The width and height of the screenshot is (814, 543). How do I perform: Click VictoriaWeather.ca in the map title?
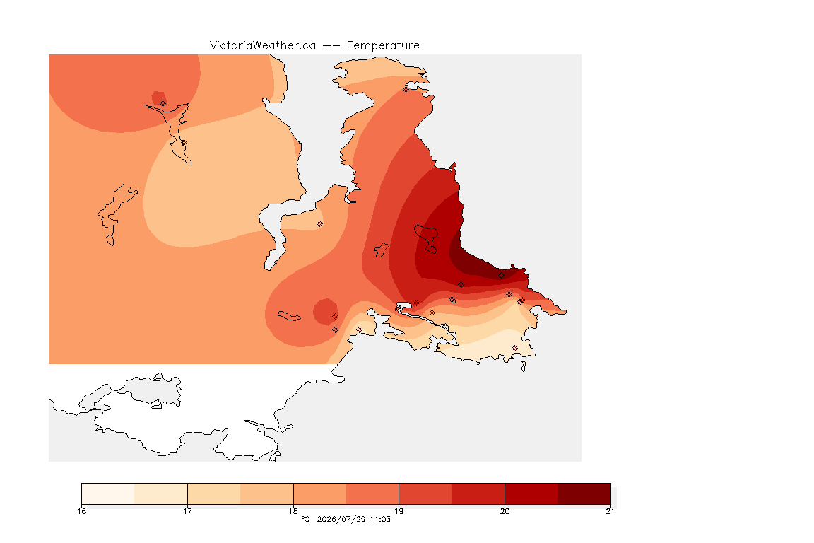263,46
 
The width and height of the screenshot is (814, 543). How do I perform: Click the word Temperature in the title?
383,46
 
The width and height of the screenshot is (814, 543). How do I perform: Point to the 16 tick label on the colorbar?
82,511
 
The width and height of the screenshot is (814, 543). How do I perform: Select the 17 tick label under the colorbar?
187,511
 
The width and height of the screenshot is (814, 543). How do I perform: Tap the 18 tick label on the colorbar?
293,511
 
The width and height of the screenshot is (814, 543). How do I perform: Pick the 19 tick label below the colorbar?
399,511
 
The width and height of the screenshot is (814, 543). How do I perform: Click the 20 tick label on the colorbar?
505,511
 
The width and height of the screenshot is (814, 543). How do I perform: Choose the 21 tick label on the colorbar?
610,511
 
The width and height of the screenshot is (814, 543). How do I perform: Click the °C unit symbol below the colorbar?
305,519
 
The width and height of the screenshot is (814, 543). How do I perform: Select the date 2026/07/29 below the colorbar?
341,519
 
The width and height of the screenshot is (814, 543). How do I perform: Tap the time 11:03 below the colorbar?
380,519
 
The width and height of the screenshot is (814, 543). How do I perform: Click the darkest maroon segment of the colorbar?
584,494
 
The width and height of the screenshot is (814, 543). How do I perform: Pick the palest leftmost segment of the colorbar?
108,494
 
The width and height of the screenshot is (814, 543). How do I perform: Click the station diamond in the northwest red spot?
163,103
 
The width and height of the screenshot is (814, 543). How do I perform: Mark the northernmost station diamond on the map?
406,89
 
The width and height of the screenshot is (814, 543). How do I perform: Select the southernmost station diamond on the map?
514,348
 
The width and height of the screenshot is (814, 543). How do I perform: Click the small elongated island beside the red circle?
289,316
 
